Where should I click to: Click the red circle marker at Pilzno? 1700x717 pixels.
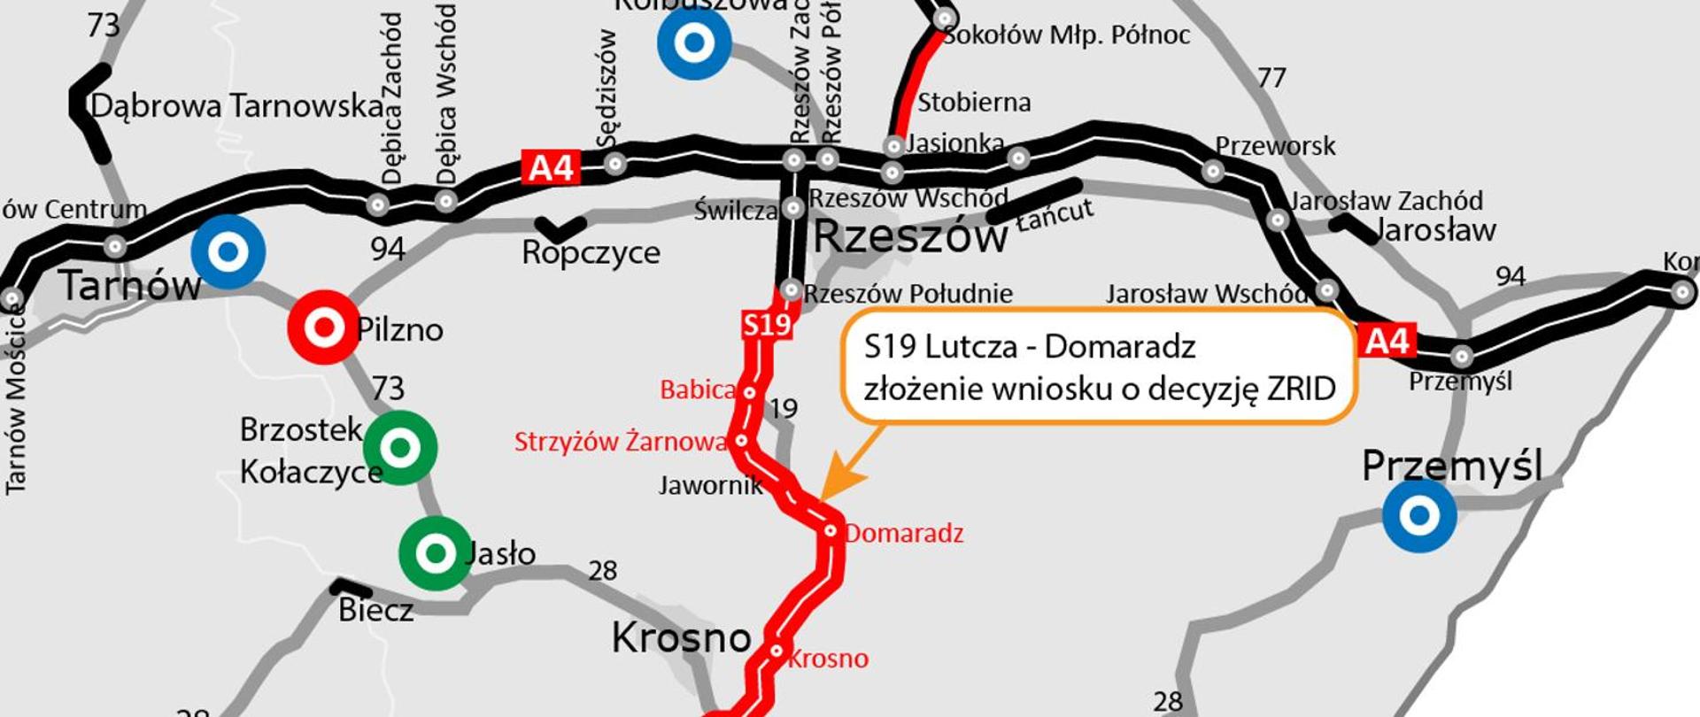click(x=323, y=328)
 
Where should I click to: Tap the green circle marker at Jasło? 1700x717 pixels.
click(x=435, y=553)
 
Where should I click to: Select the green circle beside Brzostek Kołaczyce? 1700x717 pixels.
click(x=399, y=448)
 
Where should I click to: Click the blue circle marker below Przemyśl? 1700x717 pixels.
click(x=1419, y=515)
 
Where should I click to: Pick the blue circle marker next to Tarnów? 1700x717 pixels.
click(x=228, y=251)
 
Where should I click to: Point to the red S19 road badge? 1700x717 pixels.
click(x=767, y=325)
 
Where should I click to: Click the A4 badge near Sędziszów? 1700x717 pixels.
click(x=551, y=166)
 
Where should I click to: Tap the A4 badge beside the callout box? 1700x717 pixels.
click(x=1387, y=340)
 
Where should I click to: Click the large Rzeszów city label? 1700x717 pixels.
click(x=910, y=237)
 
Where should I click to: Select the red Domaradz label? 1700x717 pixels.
click(x=903, y=533)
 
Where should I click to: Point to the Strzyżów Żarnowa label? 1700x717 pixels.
click(x=621, y=442)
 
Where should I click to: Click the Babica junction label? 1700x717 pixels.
click(x=698, y=389)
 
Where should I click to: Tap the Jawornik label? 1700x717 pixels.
click(x=710, y=485)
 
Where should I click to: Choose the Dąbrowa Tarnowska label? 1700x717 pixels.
click(x=237, y=106)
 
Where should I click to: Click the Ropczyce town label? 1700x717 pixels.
click(x=591, y=253)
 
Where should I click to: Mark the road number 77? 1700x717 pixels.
click(x=1271, y=78)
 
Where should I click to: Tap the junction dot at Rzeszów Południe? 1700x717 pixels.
click(x=791, y=290)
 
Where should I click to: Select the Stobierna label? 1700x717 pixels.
click(x=974, y=103)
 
